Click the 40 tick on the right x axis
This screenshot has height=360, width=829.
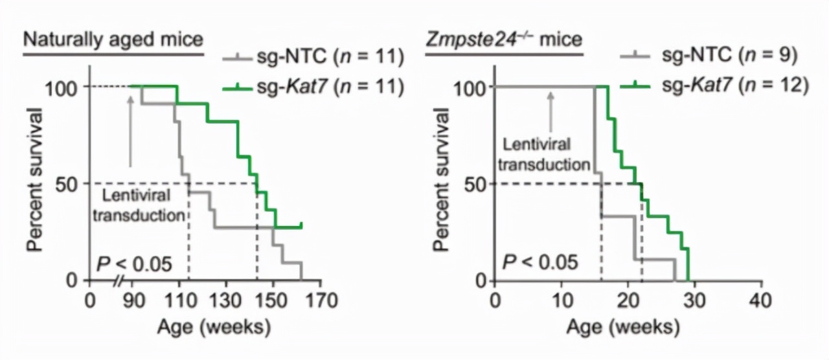tap(761, 301)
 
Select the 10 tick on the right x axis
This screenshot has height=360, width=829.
tap(562, 301)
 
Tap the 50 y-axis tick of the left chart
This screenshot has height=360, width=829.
tap(68, 184)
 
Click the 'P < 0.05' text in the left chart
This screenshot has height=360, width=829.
tap(134, 264)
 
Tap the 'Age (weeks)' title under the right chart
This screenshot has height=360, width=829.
tap(622, 327)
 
